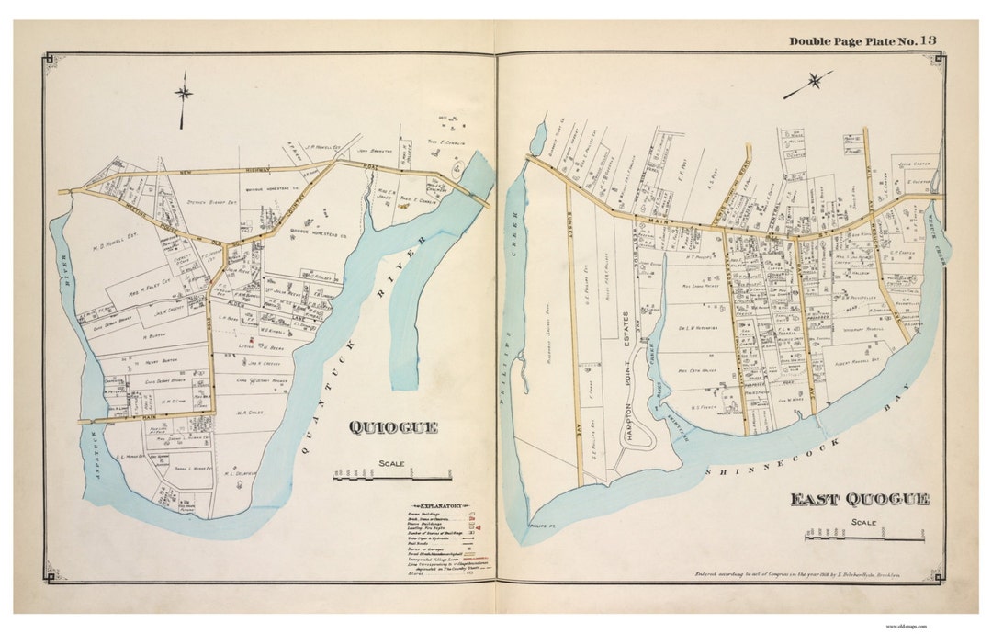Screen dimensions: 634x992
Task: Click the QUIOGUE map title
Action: click(392, 427)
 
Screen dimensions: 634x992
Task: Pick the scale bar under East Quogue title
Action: click(863, 534)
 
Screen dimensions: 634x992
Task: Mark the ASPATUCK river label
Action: click(93, 454)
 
